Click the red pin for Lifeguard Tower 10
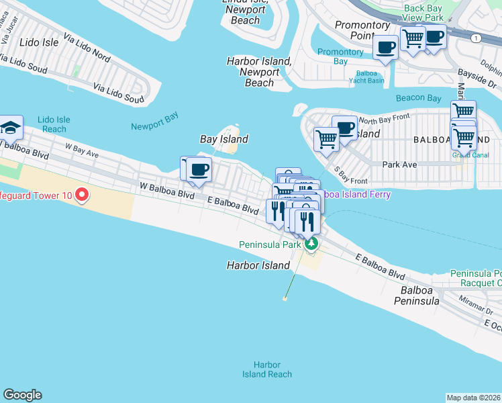pos(82,195)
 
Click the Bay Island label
pos(224,140)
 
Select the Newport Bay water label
pos(154,126)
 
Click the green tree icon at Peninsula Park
pos(311,244)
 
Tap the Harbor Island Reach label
pos(266,369)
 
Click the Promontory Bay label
pos(341,56)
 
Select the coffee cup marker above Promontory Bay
pos(385,48)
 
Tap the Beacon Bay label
pos(419,98)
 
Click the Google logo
pos(22,395)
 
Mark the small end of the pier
pos(285,299)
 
